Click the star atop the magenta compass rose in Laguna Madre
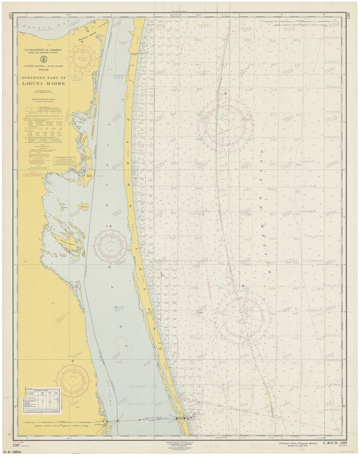[x=110, y=226]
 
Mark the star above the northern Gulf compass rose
[x=225, y=93]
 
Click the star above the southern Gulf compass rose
[x=243, y=286]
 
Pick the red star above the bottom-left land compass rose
[x=73, y=361]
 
